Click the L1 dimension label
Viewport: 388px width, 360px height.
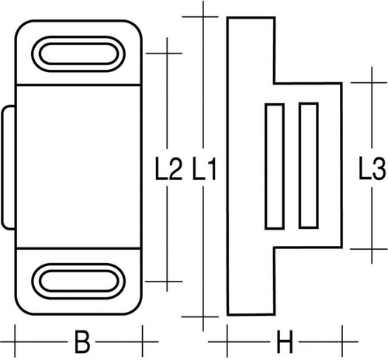pyautogui.click(x=204, y=169)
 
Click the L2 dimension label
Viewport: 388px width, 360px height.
pyautogui.click(x=168, y=169)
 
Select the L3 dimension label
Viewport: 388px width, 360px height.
pyautogui.click(x=372, y=169)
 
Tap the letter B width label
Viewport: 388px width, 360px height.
pyautogui.click(x=82, y=341)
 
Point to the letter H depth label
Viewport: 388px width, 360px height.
pyautogui.click(x=285, y=341)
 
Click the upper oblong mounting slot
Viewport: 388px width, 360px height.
pyautogui.click(x=78, y=54)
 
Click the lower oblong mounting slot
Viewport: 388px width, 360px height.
pyautogui.click(x=78, y=281)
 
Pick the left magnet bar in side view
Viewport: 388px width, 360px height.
pyautogui.click(x=275, y=166)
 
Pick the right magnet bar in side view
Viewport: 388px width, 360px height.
pyautogui.click(x=309, y=165)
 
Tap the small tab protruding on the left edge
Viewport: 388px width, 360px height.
pyautogui.click(x=9, y=168)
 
